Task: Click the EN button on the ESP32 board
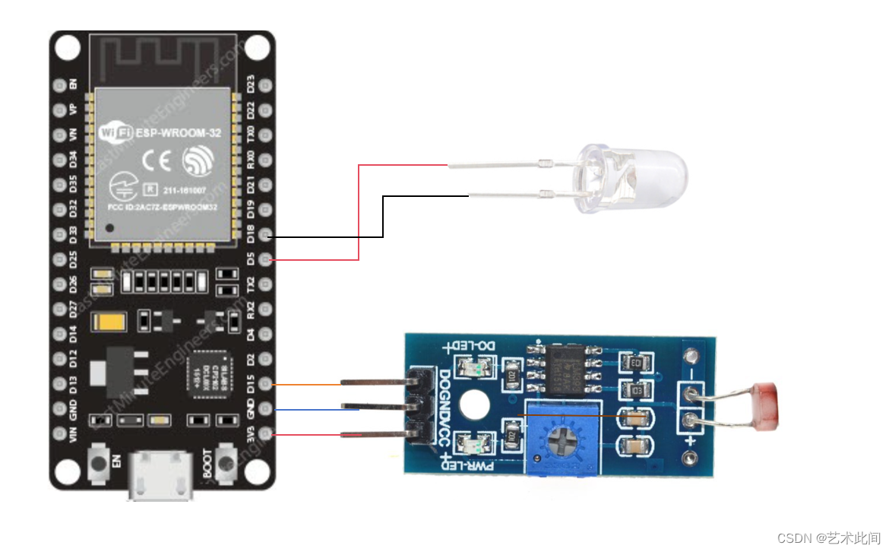(x=99, y=463)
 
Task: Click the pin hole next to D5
(x=265, y=260)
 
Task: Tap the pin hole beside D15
(x=265, y=384)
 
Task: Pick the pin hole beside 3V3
(x=265, y=434)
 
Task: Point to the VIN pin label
(x=74, y=434)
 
